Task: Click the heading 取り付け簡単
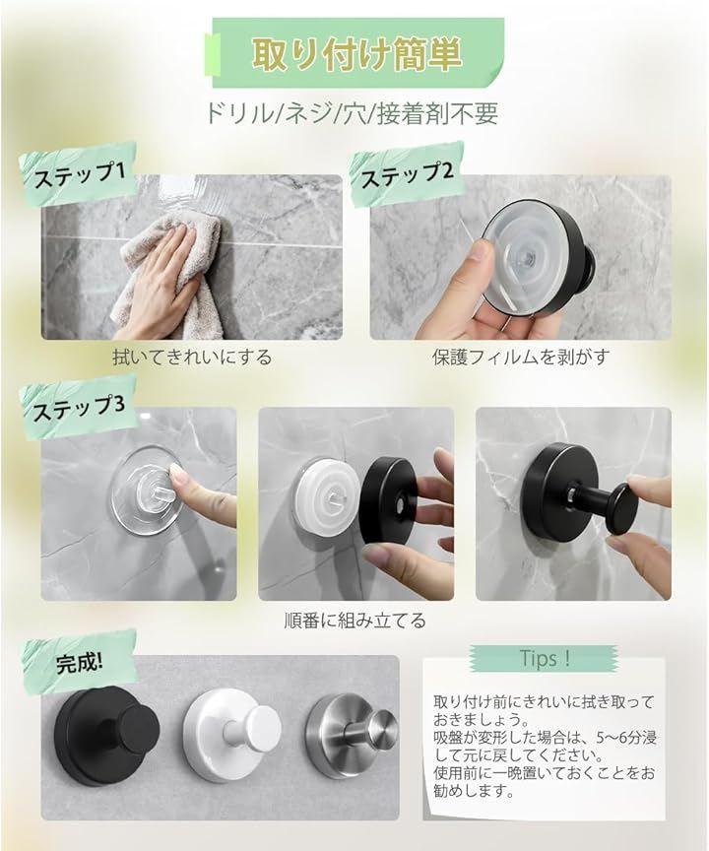coord(356,54)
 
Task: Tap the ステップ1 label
coord(80,173)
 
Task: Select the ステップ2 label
coord(407,173)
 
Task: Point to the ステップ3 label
coord(79,407)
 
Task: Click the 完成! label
coord(79,662)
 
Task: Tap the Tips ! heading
coord(545,658)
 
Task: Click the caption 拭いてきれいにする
coord(192,358)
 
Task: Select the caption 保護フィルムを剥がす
coord(521,358)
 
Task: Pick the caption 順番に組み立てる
coord(355,620)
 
